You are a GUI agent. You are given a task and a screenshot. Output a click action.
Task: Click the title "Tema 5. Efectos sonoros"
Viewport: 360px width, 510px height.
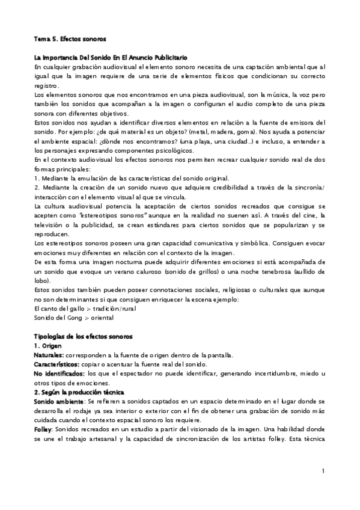coord(70,39)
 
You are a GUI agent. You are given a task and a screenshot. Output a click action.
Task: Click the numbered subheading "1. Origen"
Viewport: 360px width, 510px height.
coord(51,346)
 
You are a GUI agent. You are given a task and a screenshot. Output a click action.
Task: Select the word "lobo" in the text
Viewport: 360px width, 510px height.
coord(41,280)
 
